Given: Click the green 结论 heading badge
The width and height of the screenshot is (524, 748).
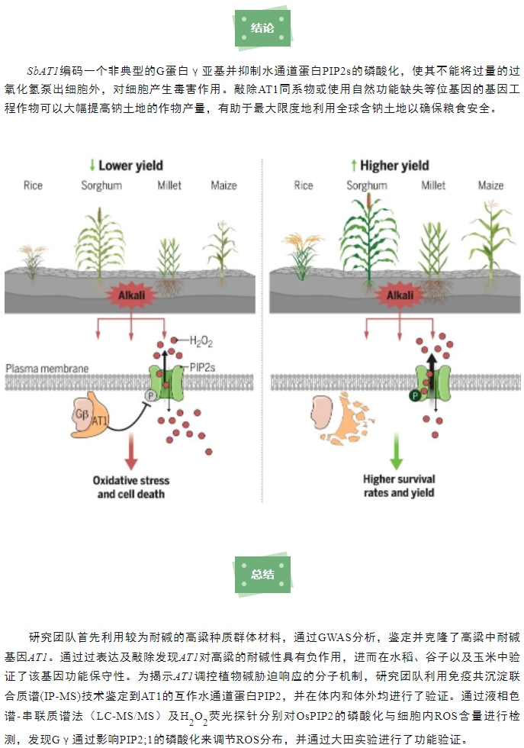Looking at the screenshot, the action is [x=262, y=28].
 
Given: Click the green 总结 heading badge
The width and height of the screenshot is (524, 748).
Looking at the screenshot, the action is [x=262, y=574].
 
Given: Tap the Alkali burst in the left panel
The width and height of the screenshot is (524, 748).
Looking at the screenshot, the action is [x=132, y=295].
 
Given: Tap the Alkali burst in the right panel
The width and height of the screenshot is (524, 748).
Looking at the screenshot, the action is [x=400, y=295].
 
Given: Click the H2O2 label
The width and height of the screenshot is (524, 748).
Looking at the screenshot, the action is [x=201, y=341].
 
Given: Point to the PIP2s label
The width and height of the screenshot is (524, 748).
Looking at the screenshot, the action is [x=202, y=367].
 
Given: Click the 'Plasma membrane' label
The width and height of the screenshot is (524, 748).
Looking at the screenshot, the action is [x=47, y=368].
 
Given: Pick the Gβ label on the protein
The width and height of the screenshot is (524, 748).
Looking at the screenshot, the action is [x=82, y=414].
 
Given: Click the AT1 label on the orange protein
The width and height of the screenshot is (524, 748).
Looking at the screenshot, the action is [x=99, y=421].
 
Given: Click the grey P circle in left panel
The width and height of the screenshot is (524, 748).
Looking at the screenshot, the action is [x=151, y=395].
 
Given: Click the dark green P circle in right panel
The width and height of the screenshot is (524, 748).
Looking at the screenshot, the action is [x=415, y=395].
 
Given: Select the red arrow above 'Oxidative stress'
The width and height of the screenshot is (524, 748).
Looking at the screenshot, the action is [x=131, y=452].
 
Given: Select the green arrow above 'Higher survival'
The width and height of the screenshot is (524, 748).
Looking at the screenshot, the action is [x=397, y=451].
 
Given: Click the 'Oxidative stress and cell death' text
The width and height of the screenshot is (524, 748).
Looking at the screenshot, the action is [x=131, y=487].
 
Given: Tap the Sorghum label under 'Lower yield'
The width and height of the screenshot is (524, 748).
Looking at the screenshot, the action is [x=101, y=185].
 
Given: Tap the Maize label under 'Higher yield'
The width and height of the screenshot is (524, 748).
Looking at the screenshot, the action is [x=490, y=185].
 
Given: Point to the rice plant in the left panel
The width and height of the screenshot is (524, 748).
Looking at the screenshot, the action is [x=33, y=261].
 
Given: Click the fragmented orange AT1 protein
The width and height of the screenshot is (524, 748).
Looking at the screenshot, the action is [x=348, y=420].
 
